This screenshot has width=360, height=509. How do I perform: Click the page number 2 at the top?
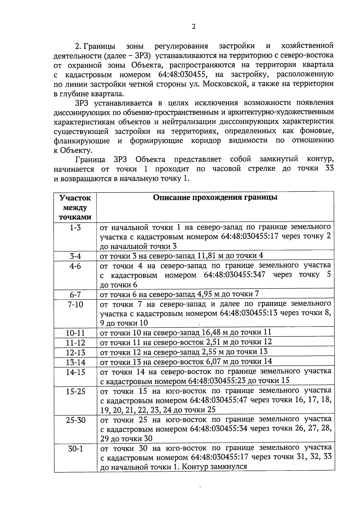point(193,27)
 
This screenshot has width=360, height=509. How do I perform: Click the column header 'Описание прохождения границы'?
point(215,197)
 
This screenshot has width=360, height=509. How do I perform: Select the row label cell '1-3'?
point(75,228)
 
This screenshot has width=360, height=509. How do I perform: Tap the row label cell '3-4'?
point(75,256)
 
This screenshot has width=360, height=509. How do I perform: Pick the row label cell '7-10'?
point(75,304)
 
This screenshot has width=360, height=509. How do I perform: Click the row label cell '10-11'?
point(75,333)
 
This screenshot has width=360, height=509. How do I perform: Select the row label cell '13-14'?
point(75,362)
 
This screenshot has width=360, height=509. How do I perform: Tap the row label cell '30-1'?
point(75,449)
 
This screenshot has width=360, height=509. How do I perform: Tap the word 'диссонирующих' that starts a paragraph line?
point(82,113)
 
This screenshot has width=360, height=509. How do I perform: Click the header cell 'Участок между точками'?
point(75,207)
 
